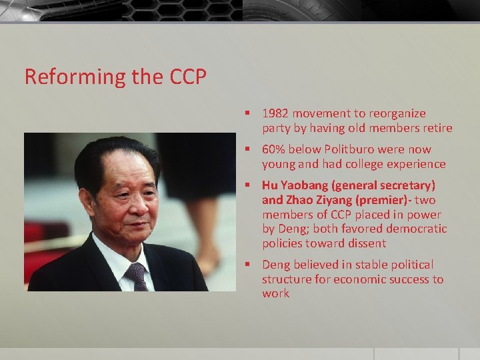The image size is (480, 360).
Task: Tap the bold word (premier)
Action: point(377,200)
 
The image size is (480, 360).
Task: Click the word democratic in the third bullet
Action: point(416,229)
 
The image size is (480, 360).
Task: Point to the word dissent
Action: point(365,244)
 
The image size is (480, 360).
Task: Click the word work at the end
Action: point(275,294)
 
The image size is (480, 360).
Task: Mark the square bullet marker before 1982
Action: point(247,114)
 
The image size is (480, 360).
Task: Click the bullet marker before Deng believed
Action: point(247,265)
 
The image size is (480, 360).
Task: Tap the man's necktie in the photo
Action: point(137,275)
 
